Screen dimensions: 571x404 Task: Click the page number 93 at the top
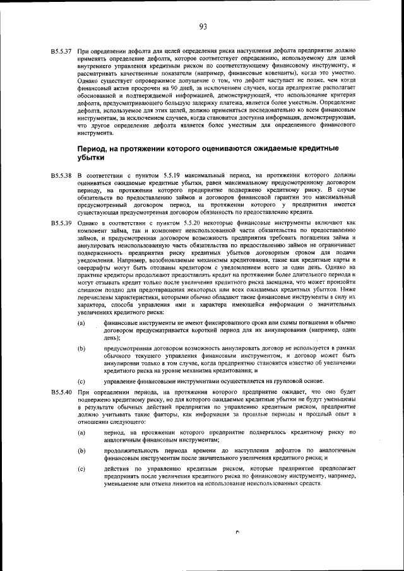pos(203,26)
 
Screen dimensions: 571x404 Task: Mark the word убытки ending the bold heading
pos(89,158)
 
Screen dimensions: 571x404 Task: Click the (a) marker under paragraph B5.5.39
pos(81,324)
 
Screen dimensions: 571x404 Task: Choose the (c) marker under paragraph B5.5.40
pos(81,468)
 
